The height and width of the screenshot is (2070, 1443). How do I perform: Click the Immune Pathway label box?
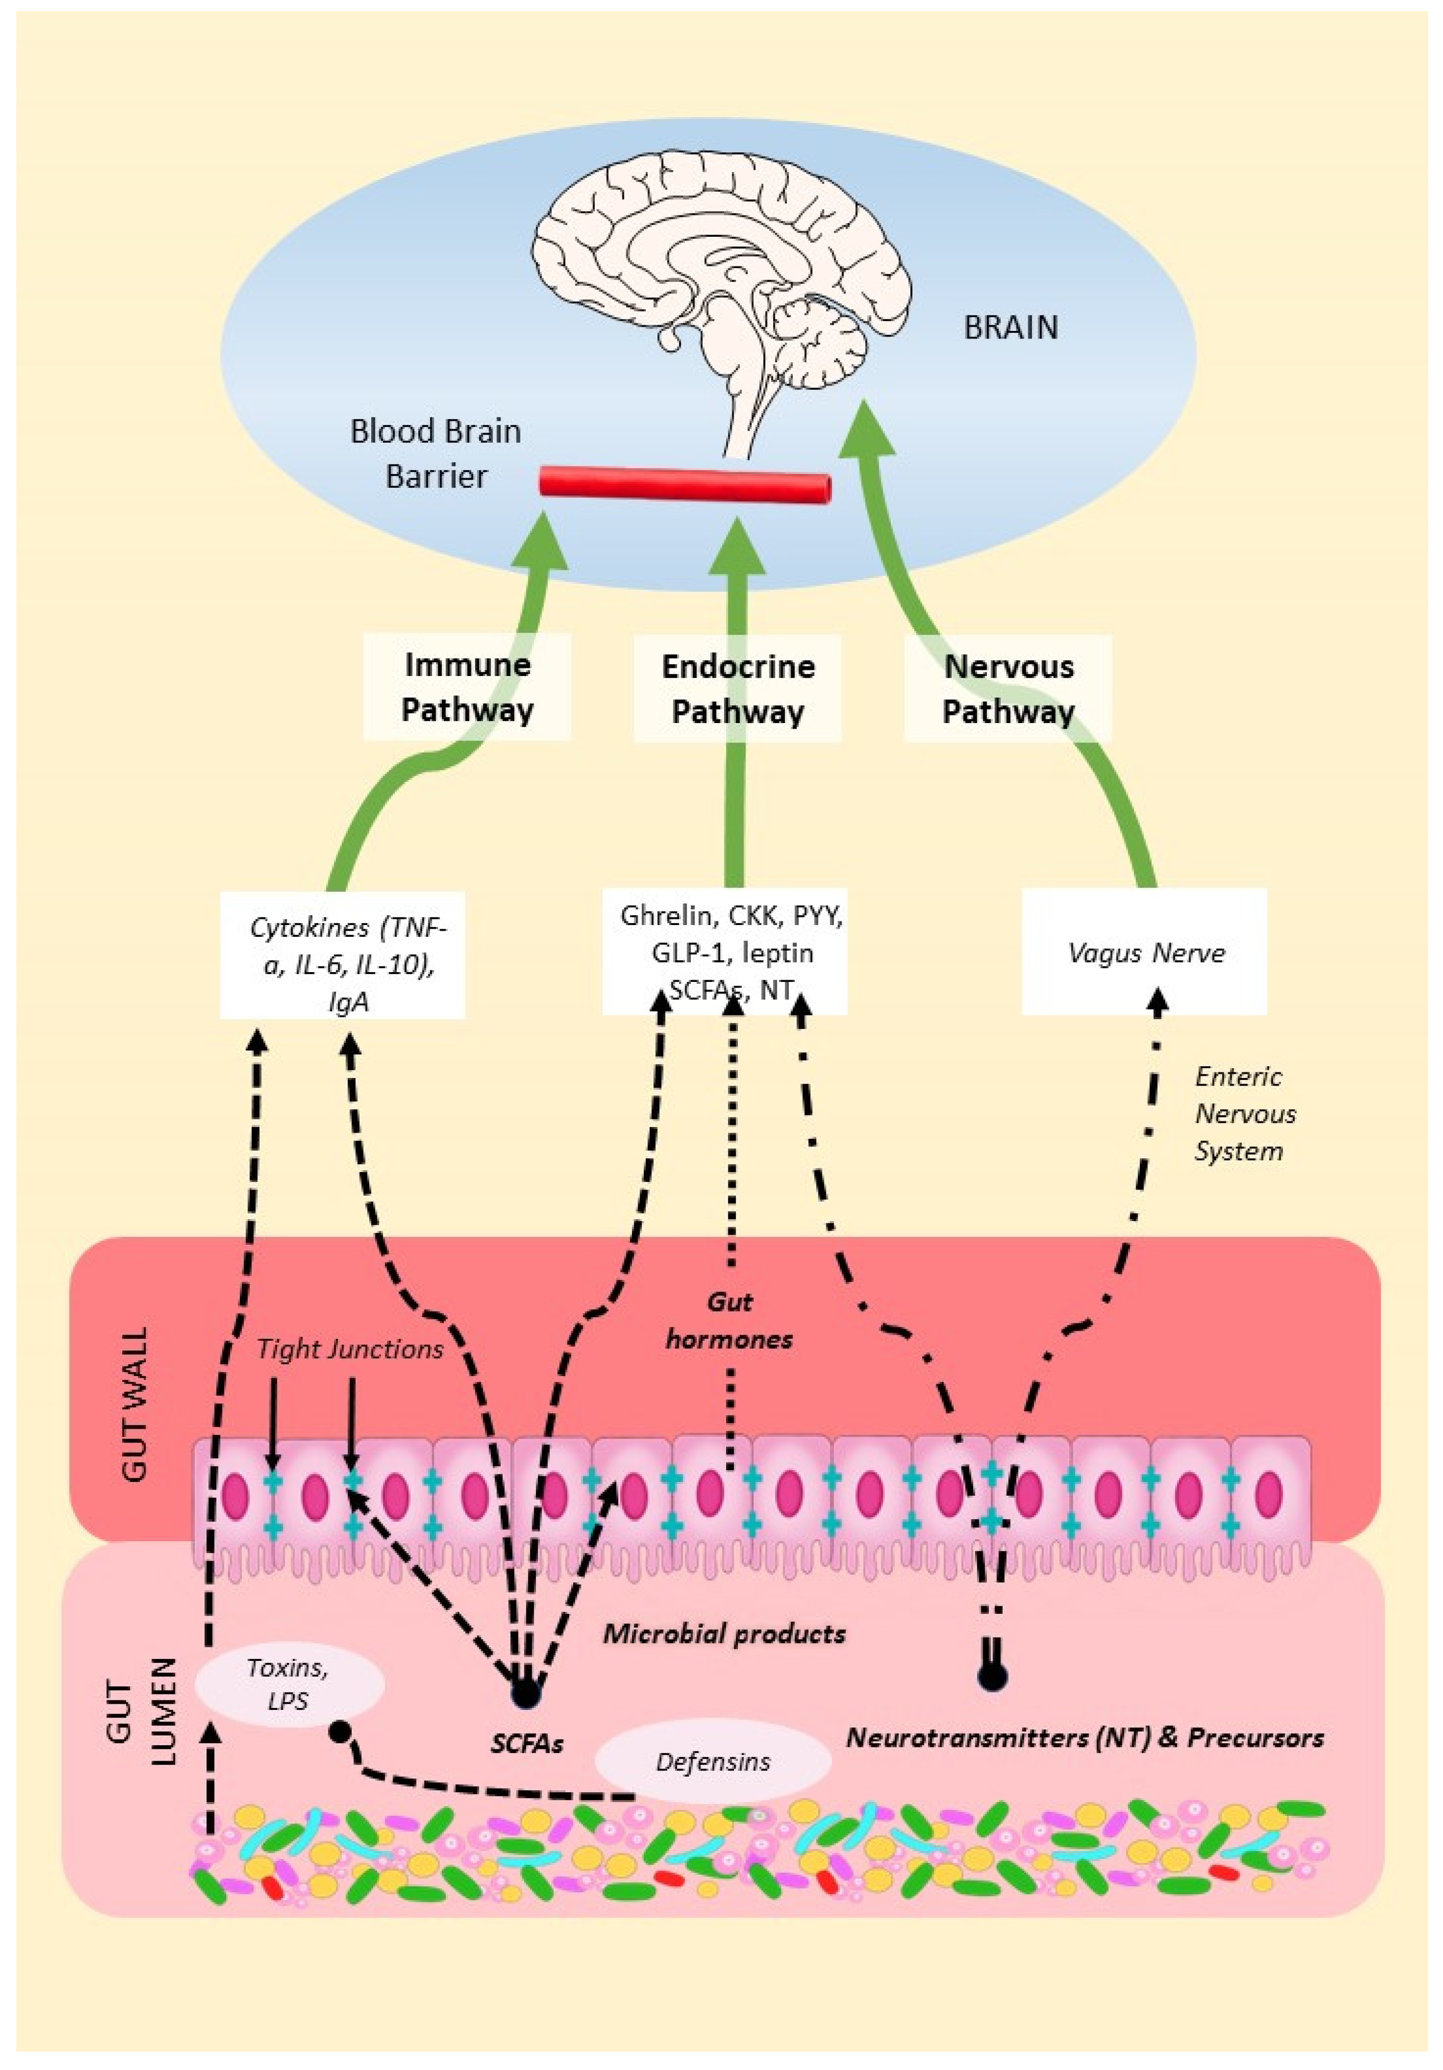pyautogui.click(x=467, y=687)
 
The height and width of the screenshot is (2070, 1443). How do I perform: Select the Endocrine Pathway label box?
pyautogui.click(x=737, y=689)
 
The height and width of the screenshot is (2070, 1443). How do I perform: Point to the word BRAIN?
pyautogui.click(x=1010, y=327)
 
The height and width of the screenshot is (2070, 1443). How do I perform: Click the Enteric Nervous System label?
pyautogui.click(x=1244, y=1113)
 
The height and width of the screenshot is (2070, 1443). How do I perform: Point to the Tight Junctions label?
pyautogui.click(x=350, y=1349)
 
